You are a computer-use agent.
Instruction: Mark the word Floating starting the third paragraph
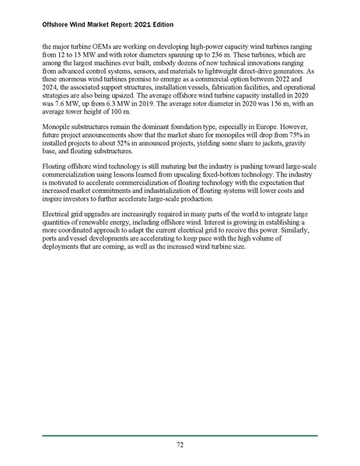coord(57,175)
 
